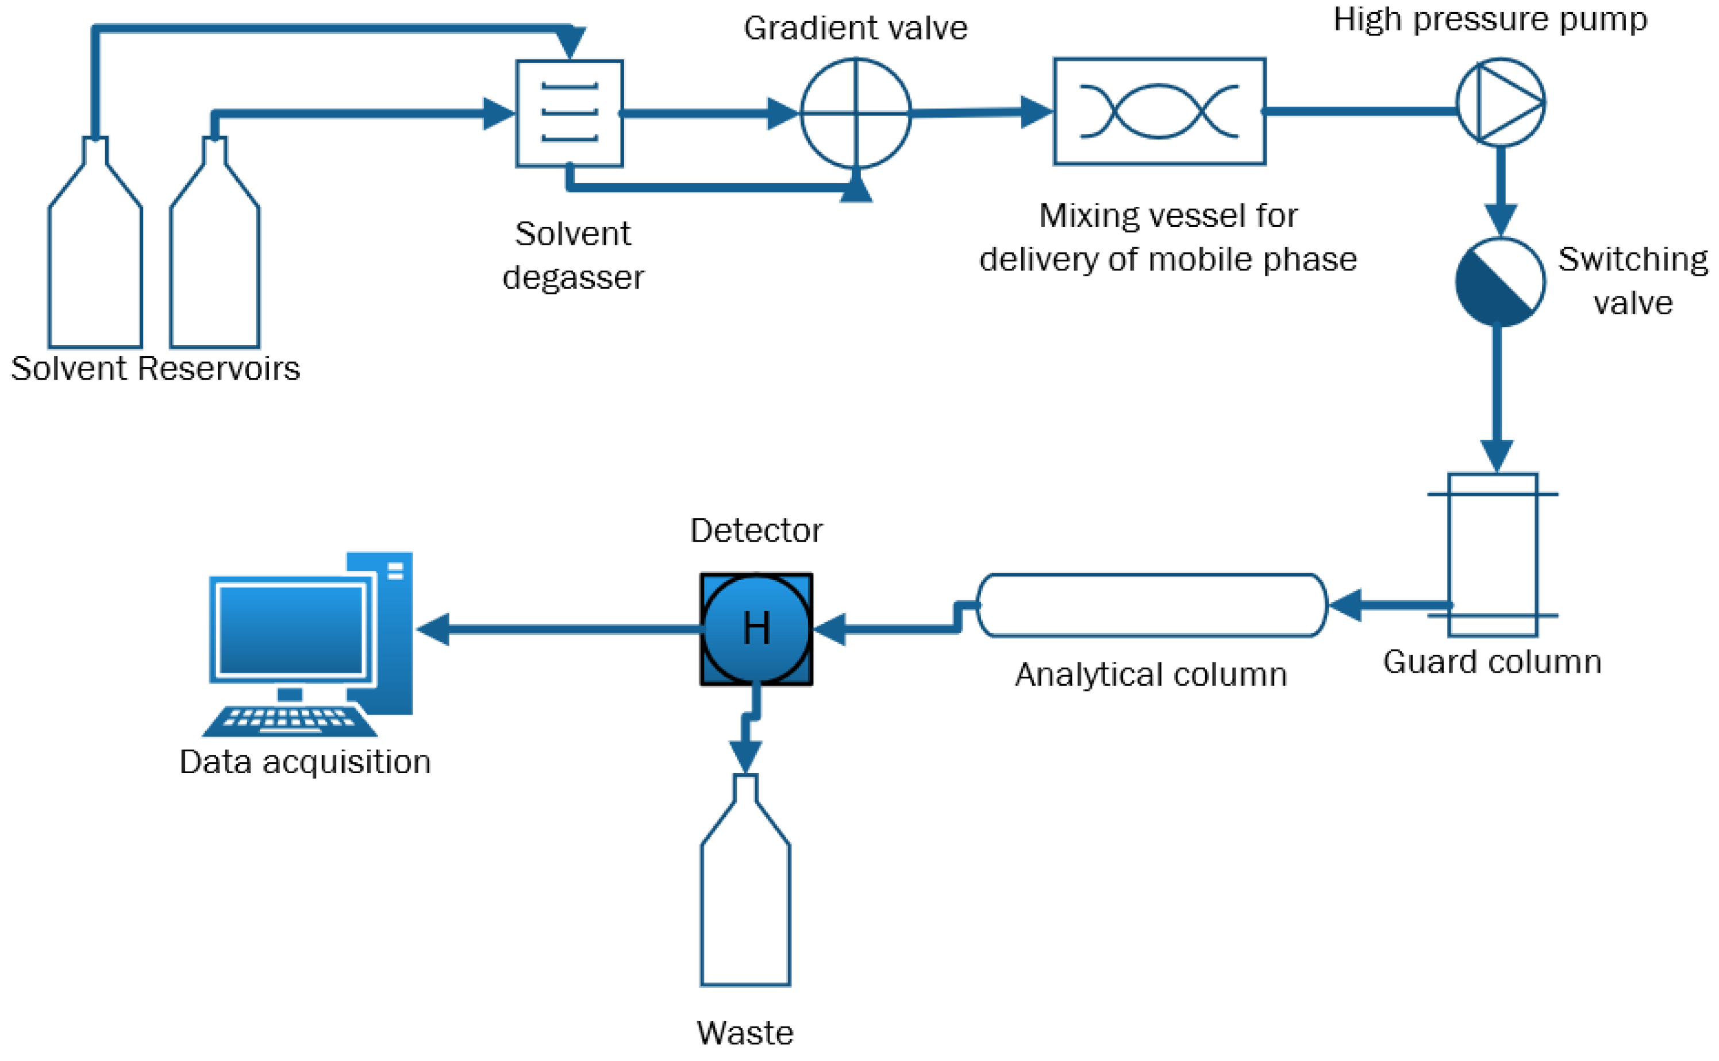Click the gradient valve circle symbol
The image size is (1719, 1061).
856,114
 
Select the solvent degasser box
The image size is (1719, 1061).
569,114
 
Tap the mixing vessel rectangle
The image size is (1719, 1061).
1159,111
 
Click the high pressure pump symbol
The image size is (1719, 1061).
1500,102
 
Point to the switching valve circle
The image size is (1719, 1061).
1499,282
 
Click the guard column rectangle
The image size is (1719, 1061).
1493,554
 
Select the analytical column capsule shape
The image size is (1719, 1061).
1151,605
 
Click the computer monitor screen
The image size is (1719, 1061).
291,630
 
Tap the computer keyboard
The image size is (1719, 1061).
289,721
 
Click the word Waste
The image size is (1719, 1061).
745,1033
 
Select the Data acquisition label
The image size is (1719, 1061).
305,762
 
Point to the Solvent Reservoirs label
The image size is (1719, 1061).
155,368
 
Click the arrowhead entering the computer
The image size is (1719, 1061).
433,629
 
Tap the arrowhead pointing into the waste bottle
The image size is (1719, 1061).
745,758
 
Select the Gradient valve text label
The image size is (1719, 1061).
855,29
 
